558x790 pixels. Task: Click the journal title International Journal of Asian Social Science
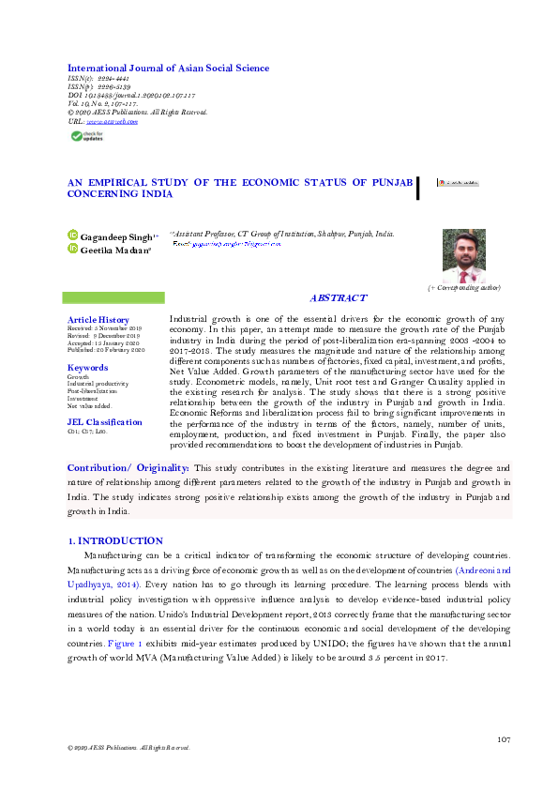tap(168, 68)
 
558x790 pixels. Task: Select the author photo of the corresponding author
tap(463, 255)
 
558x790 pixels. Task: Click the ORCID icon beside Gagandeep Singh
tap(72, 235)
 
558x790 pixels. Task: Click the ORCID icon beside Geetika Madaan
tap(72, 250)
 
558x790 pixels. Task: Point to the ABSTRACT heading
tap(338, 297)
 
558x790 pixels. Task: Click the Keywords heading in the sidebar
tap(88, 368)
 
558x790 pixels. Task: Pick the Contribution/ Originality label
tap(128, 467)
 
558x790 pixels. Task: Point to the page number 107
tap(504, 739)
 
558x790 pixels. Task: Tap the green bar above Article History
tap(113, 297)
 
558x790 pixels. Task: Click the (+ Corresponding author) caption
tap(463, 287)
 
